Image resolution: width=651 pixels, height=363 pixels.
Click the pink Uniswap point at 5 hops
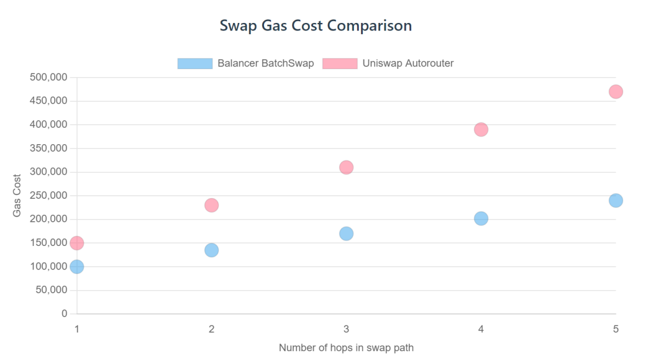(x=616, y=92)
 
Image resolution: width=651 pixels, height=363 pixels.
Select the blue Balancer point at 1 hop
(x=76, y=267)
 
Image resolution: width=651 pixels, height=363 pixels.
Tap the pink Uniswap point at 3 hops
(x=346, y=168)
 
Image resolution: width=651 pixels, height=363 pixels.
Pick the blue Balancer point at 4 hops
(x=481, y=218)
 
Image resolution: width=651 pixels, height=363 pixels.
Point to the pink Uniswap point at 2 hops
(x=212, y=205)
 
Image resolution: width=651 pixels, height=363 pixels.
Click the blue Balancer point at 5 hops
(x=616, y=201)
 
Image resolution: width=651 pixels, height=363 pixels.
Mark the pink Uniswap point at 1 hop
(x=76, y=243)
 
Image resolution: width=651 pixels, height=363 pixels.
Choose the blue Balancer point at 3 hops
(x=346, y=234)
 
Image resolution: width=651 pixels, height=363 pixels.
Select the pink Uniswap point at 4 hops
(x=481, y=129)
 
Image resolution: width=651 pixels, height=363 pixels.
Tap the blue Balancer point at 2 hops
(x=212, y=250)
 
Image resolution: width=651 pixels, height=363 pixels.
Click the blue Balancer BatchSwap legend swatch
(x=195, y=64)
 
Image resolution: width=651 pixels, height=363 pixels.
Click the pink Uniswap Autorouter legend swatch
(x=340, y=64)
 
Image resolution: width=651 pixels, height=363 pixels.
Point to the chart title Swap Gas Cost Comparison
(x=316, y=26)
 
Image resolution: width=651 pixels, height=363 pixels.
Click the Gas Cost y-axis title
(x=17, y=195)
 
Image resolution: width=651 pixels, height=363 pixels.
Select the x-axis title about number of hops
(x=346, y=348)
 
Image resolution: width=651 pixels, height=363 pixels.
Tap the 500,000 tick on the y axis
(x=48, y=78)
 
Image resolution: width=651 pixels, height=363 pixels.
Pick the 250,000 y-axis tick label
(x=48, y=196)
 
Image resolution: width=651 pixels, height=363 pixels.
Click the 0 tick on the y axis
(x=65, y=314)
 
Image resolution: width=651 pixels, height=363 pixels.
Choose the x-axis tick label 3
(x=346, y=329)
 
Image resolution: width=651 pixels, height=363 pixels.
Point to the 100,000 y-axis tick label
(x=48, y=267)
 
